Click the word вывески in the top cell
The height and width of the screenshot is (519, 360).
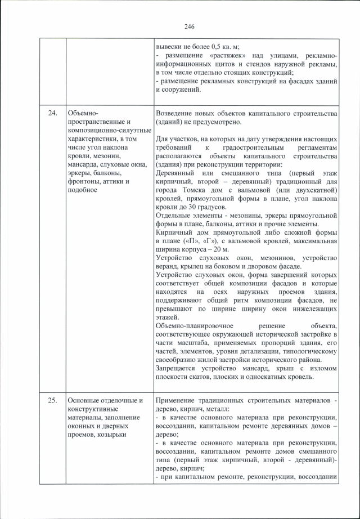coord(169,46)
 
